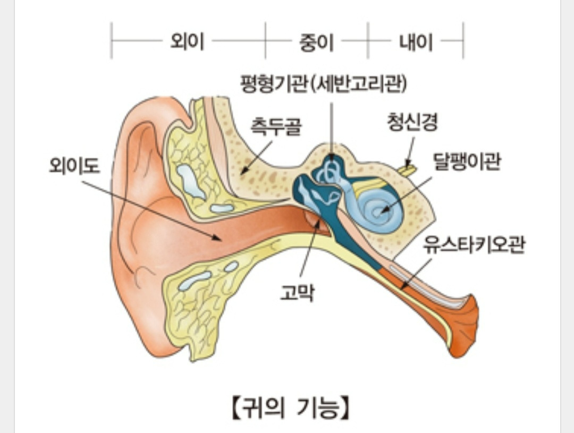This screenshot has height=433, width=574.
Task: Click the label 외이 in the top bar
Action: (187, 41)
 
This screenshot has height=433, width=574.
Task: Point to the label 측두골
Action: (276, 128)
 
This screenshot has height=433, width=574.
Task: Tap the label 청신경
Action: (412, 123)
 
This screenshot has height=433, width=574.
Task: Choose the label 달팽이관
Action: (466, 162)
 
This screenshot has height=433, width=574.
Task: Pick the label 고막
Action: (297, 292)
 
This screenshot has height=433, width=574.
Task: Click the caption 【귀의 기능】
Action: (290, 409)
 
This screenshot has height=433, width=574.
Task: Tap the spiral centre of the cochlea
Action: (378, 211)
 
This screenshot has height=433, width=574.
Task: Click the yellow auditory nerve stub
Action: (408, 171)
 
